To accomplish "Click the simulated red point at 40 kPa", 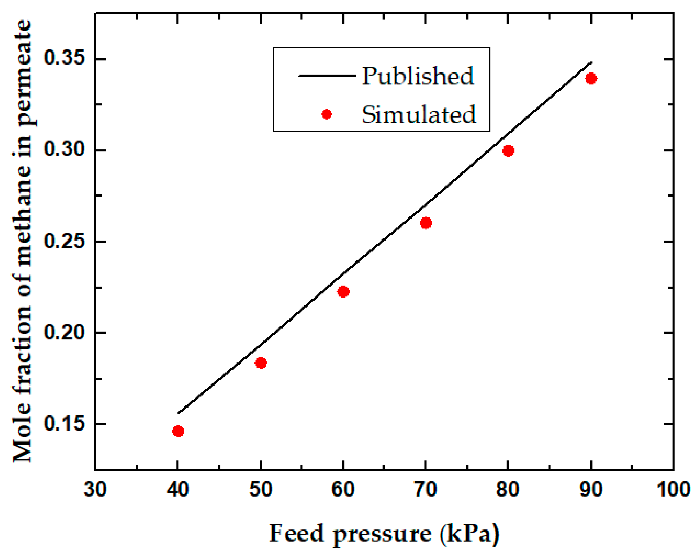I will click(178, 431).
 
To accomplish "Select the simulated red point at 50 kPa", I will click(261, 363).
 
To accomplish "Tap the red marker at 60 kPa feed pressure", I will click(343, 291).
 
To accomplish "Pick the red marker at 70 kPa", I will click(426, 223).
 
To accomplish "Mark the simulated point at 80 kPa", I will click(508, 150).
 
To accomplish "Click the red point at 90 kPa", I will click(591, 78).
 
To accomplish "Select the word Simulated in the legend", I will click(418, 115).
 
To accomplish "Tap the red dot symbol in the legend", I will click(326, 114).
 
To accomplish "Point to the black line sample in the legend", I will click(327, 76).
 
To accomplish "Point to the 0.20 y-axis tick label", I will click(59, 332).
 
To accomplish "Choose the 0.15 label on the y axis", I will click(59, 423).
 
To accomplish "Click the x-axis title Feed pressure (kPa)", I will click(384, 533).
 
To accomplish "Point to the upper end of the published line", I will click(591, 62).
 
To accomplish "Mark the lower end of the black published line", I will click(178, 413).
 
